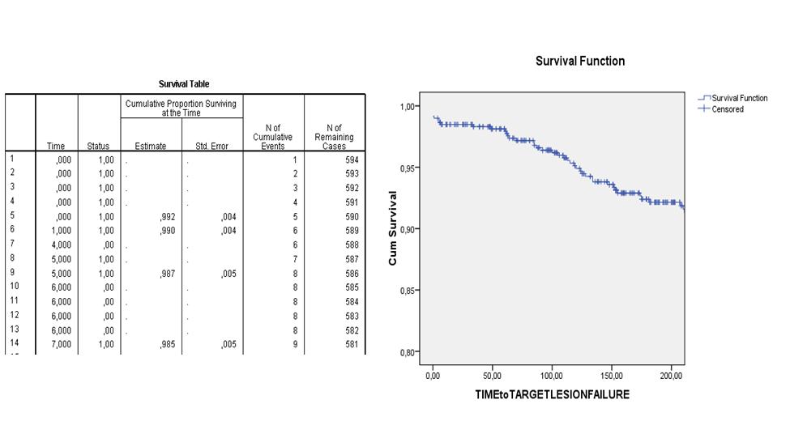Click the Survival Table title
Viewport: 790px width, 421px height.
[184, 84]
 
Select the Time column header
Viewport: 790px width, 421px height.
[56, 146]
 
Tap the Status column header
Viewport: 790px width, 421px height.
[98, 146]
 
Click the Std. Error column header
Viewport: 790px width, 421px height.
[212, 146]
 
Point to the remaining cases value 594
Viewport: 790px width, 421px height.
[351, 160]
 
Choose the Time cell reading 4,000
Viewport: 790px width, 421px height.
[59, 245]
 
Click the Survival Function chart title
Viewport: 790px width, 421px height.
[580, 62]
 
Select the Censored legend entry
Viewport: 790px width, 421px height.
[728, 109]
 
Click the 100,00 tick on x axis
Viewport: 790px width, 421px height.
[552, 376]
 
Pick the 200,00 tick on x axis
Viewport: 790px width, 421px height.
[672, 376]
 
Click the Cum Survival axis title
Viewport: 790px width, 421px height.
[393, 228]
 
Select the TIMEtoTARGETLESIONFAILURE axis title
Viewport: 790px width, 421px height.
[552, 395]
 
